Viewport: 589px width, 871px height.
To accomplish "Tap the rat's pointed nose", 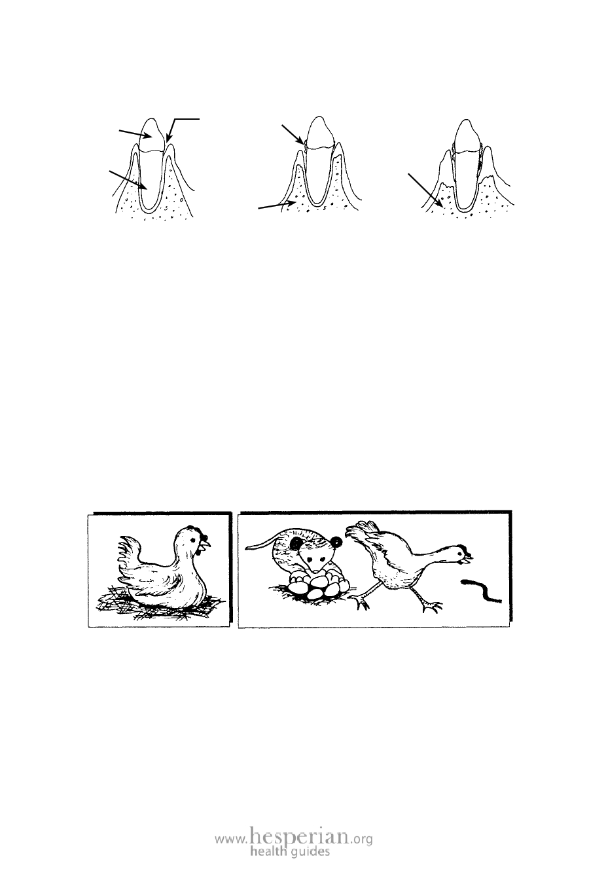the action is coord(317,569).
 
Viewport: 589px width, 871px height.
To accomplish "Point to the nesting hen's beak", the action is coord(207,542).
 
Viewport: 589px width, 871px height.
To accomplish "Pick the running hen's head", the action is coord(459,556).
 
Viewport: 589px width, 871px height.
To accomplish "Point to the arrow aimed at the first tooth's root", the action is coord(129,180).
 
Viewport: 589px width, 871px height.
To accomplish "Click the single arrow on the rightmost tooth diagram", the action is coord(425,190).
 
